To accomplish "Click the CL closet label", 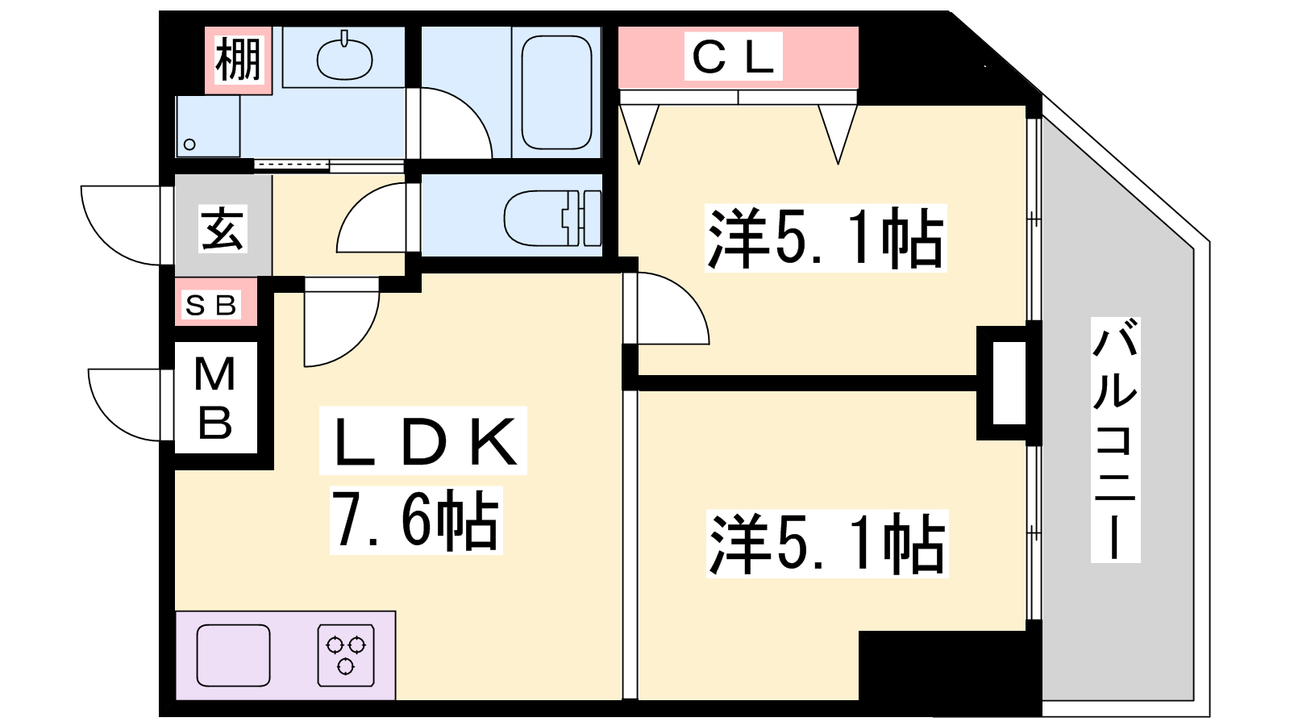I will coord(734,56).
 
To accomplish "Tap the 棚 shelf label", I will coord(238,60).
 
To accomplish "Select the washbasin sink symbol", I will coord(344,58).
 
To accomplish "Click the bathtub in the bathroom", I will coord(556,92).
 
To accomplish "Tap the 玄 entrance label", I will coord(223,229).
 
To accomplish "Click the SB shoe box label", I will coord(211,305).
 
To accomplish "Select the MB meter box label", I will coord(215,398).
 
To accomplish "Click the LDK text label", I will coord(424,442).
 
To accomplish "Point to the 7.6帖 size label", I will coord(416,521).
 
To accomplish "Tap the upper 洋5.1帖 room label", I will coord(826,239).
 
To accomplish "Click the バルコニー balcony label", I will coord(1115,440).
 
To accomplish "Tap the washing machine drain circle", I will coord(189,144).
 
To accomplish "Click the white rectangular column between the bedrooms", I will coord(1009,382).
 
